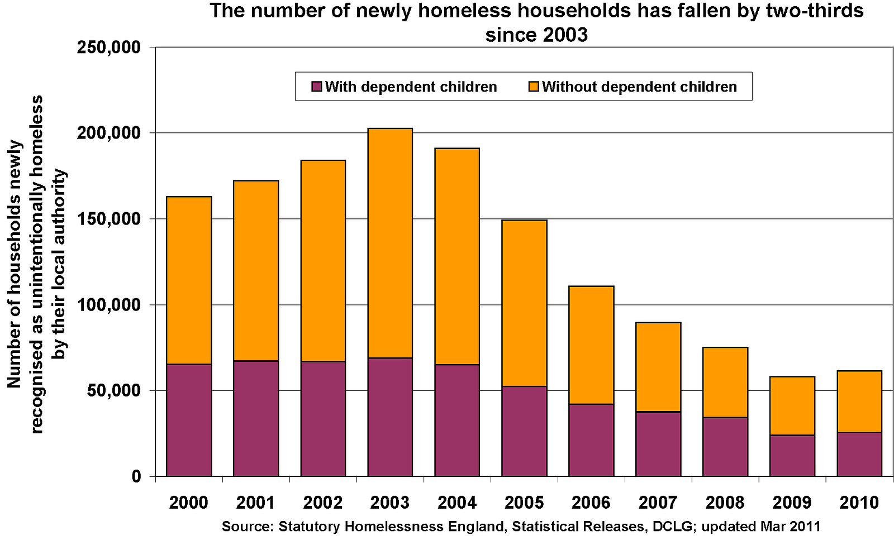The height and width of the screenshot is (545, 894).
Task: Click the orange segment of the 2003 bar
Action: click(390, 243)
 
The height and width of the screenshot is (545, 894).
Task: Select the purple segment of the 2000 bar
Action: click(189, 420)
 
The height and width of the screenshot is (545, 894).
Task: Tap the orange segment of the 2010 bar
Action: click(859, 401)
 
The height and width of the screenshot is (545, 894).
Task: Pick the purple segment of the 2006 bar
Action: click(591, 440)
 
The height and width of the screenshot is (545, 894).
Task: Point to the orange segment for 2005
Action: click(524, 303)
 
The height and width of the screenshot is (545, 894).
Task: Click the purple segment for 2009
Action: click(792, 456)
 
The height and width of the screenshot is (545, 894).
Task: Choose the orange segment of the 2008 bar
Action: click(725, 383)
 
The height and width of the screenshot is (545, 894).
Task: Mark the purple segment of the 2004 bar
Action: click(457, 420)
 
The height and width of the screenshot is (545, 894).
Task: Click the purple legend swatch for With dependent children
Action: click(317, 87)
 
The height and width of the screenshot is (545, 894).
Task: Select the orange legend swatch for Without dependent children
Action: click(534, 87)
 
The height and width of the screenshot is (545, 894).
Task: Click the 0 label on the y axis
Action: click(136, 477)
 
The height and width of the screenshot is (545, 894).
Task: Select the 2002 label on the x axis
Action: click(323, 503)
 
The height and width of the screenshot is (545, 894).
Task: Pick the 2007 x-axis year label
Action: click(658, 503)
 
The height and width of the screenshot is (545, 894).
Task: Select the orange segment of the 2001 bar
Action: click(256, 271)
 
